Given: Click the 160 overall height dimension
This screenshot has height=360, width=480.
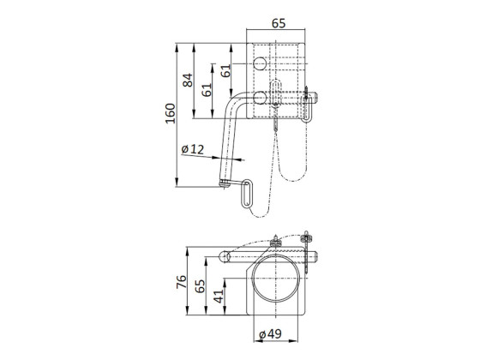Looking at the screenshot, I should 171,111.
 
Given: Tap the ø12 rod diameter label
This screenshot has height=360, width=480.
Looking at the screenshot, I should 194,150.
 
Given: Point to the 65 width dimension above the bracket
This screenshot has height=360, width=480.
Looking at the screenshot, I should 279,25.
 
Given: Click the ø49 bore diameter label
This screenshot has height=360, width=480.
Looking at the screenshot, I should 271,333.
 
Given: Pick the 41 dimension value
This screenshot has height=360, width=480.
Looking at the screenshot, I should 219,298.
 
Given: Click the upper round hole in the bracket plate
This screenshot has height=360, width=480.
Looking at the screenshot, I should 258,63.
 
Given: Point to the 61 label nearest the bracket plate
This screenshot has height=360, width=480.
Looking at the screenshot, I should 226,73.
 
